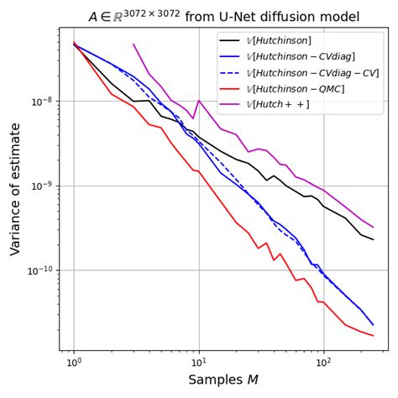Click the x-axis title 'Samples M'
click(x=223, y=380)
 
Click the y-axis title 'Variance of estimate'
click(x=15, y=189)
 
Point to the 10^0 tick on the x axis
click(x=74, y=362)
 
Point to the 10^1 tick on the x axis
click(x=198, y=362)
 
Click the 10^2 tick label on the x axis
click(x=323, y=362)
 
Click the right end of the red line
click(x=374, y=336)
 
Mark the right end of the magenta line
click(x=374, y=227)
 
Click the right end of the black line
click(x=374, y=239)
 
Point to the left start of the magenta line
click(x=134, y=45)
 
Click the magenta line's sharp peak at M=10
click(x=198, y=100)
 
